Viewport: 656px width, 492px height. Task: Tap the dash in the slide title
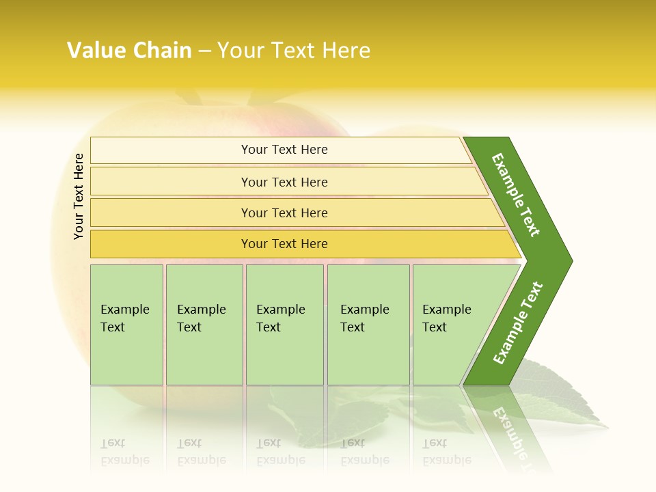click(204, 51)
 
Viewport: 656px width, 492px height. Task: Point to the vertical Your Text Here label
click(79, 196)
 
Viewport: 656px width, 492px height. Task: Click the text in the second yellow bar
click(284, 182)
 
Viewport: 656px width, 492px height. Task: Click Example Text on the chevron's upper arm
click(516, 195)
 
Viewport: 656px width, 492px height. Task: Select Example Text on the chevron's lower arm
click(518, 323)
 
